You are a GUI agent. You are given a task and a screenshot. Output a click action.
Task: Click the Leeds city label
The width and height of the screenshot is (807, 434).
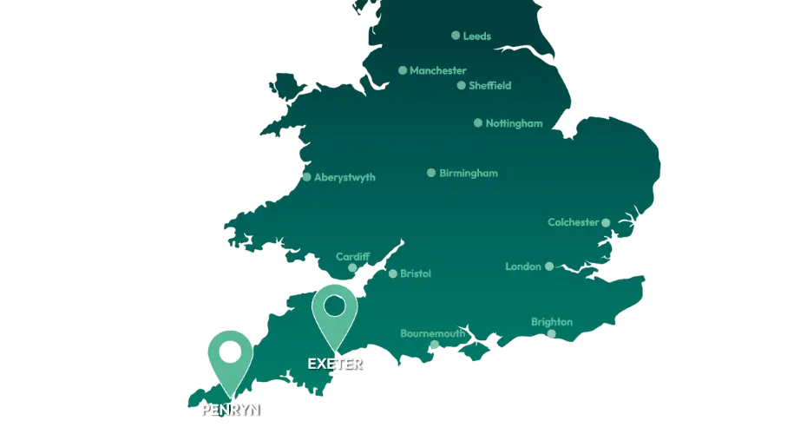[x=476, y=36]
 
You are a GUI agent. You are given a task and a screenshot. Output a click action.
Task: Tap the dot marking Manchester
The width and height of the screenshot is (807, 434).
[x=403, y=70]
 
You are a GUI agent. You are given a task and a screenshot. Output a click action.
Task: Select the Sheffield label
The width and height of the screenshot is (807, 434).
[x=489, y=86]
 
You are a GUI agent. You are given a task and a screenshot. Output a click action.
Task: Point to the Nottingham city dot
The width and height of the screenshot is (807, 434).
[x=478, y=123]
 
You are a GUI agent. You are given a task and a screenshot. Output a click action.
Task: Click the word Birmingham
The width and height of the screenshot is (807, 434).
[x=469, y=174]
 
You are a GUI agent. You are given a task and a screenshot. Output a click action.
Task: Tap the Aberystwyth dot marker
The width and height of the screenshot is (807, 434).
[x=306, y=177]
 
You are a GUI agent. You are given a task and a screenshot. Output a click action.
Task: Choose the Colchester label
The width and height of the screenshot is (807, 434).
[x=574, y=222]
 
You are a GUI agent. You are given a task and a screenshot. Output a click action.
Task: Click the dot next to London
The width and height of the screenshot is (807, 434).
[x=549, y=266]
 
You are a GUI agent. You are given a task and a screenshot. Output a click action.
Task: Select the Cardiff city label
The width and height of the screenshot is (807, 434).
[x=353, y=257]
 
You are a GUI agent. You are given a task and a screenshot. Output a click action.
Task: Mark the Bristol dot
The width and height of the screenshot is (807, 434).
[x=393, y=274]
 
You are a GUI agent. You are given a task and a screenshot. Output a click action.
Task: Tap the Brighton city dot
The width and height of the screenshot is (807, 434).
[x=552, y=333]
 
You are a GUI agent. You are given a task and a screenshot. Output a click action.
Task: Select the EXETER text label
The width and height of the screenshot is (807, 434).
[x=335, y=364]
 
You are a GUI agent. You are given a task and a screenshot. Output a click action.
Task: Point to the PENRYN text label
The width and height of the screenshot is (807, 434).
[x=230, y=410]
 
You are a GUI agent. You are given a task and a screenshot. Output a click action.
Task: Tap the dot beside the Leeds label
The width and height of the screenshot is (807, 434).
[x=456, y=36]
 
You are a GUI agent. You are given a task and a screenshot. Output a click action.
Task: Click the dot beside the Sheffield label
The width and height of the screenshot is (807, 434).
[x=462, y=86]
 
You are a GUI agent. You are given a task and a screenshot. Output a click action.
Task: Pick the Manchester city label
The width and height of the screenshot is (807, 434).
[x=438, y=70]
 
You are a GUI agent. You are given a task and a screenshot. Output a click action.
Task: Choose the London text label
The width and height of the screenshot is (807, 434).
[x=523, y=266]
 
